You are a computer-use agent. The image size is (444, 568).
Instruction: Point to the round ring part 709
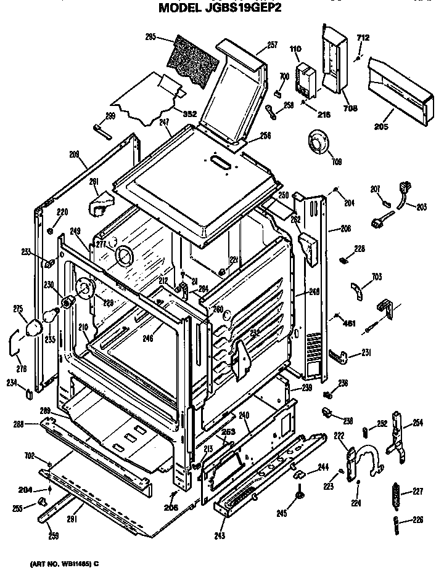coord(318,145)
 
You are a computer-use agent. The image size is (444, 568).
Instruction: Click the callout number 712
coord(363,39)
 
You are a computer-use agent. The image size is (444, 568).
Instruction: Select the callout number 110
coord(295,49)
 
